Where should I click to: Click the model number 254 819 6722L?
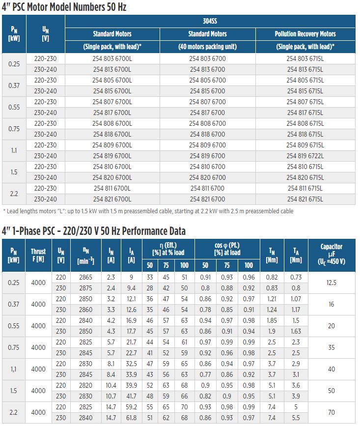pos(305,156)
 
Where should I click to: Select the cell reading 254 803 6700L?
pos(112,58)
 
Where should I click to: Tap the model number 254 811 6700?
pos(207,188)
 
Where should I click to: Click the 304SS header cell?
pos(210,21)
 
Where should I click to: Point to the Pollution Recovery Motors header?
pos(305,34)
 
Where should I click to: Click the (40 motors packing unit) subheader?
pos(208,47)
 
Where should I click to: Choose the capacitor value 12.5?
pos(332,283)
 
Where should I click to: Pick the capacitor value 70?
pos(332,412)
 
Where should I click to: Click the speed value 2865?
pos(85,277)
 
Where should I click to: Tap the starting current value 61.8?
pos(131,418)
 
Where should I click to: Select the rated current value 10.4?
pos(111,385)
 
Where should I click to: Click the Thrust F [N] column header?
pos(38,255)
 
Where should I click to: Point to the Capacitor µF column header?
pos(332,254)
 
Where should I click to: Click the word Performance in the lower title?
pos(145,231)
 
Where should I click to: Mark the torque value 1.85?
pos(272,320)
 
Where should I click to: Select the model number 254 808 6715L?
pos(305,123)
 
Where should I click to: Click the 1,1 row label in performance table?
pos(13,369)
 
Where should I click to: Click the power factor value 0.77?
pos(205,374)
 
